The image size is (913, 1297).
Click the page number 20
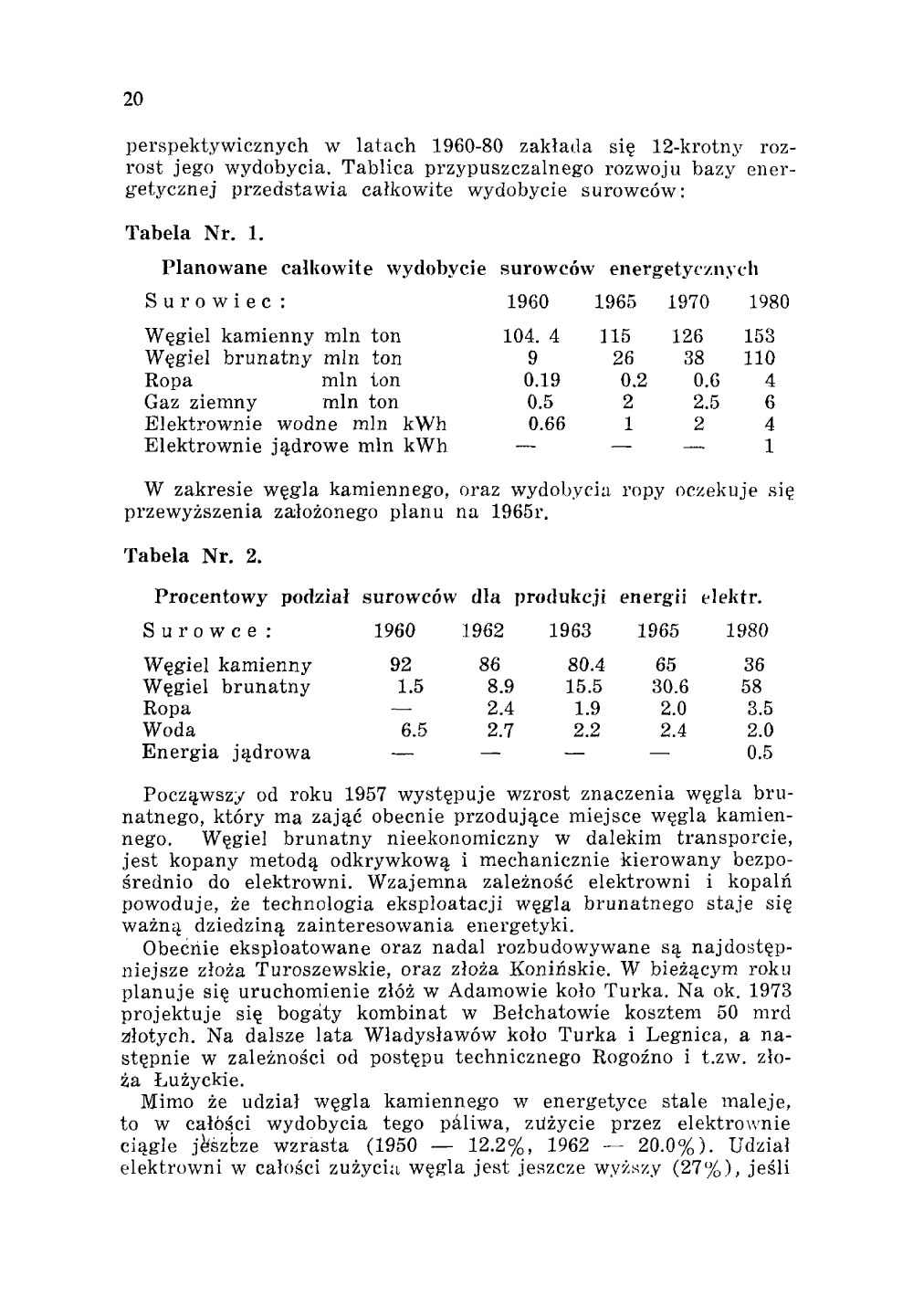pyautogui.click(x=133, y=100)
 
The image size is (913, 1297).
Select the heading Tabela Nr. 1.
pyautogui.click(x=194, y=233)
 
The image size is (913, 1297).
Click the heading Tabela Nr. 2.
pyautogui.click(x=194, y=556)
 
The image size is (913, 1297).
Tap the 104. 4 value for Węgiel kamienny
pyautogui.click(x=531, y=336)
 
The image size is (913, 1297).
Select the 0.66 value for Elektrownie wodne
pyautogui.click(x=547, y=424)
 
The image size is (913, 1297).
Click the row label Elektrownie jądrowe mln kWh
pyautogui.click(x=296, y=447)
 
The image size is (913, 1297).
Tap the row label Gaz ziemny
pyautogui.click(x=201, y=402)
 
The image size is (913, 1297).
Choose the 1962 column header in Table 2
pyautogui.click(x=483, y=631)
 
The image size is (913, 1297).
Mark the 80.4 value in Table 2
pyautogui.click(x=585, y=665)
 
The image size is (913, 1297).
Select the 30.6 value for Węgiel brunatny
pyautogui.click(x=670, y=687)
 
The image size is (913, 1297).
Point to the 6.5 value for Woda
pyautogui.click(x=414, y=731)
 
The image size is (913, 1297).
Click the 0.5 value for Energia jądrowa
pyautogui.click(x=760, y=754)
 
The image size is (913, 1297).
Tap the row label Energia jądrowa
pyautogui.click(x=226, y=754)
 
